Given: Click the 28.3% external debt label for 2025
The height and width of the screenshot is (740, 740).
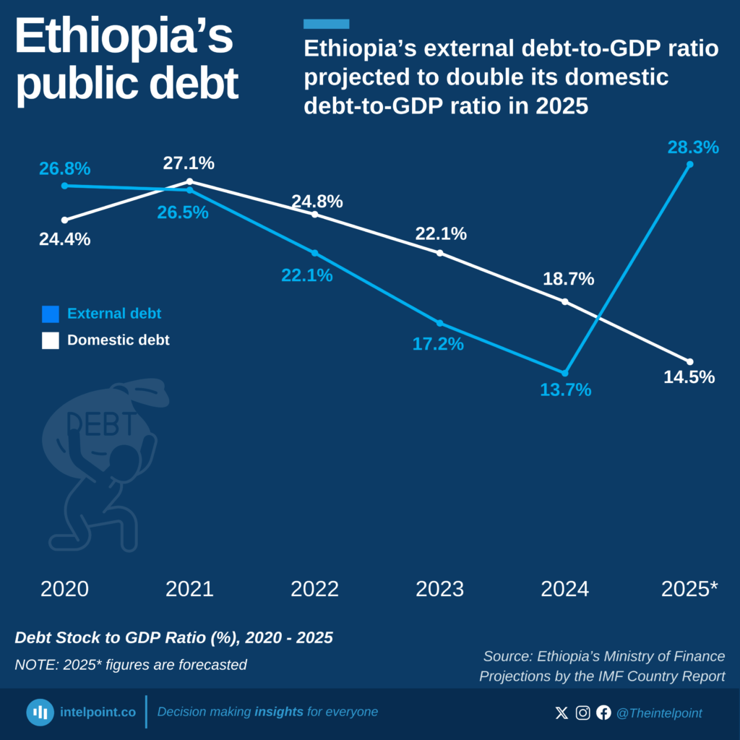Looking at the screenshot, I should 693,147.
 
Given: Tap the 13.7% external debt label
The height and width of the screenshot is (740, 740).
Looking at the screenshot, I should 565,390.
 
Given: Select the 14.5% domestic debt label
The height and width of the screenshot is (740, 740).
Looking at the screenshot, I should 689,377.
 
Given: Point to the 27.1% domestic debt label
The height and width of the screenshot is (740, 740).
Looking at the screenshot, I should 189,163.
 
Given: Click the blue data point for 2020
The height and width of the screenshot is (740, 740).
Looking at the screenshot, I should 64,186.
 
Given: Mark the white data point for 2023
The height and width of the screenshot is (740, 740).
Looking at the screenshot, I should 439,253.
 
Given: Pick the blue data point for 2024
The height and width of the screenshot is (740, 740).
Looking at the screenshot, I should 565,373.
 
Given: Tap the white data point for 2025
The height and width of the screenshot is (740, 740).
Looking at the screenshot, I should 690,361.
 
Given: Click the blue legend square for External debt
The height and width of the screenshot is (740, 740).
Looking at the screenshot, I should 51,314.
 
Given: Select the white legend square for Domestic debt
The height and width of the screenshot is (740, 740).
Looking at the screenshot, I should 51,340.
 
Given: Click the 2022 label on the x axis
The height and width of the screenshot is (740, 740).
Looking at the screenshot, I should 314,589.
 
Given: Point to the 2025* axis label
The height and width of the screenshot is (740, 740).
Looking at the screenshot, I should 689,589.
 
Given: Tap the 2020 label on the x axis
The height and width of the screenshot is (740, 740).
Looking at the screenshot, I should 64,589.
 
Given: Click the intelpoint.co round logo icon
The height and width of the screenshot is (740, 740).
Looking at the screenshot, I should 40,713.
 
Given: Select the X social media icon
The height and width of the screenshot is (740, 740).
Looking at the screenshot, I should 562,713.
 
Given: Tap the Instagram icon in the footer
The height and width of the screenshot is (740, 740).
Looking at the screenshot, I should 582,713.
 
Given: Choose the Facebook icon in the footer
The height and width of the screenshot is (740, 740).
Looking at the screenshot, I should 603,713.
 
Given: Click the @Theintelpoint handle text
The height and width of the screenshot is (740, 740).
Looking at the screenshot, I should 658,713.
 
